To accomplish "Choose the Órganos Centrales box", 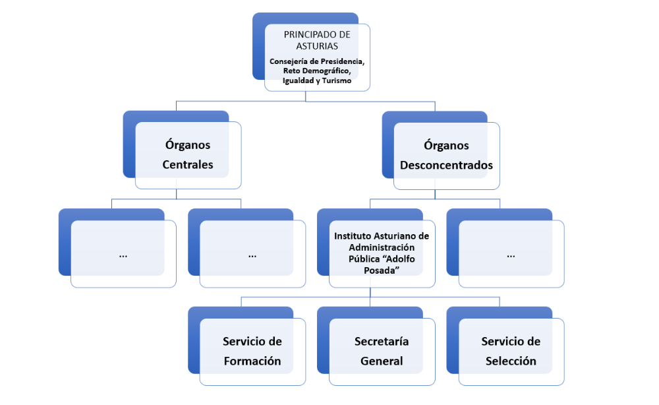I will [x=188, y=155].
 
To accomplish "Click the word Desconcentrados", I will [x=446, y=165].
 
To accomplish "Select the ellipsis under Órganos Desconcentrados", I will [x=511, y=254].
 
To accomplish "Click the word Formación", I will [x=252, y=361].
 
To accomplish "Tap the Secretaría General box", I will [x=382, y=352].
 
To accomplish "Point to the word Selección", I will [x=511, y=361].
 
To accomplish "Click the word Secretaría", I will [x=382, y=342].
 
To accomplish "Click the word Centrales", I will [x=188, y=165].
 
